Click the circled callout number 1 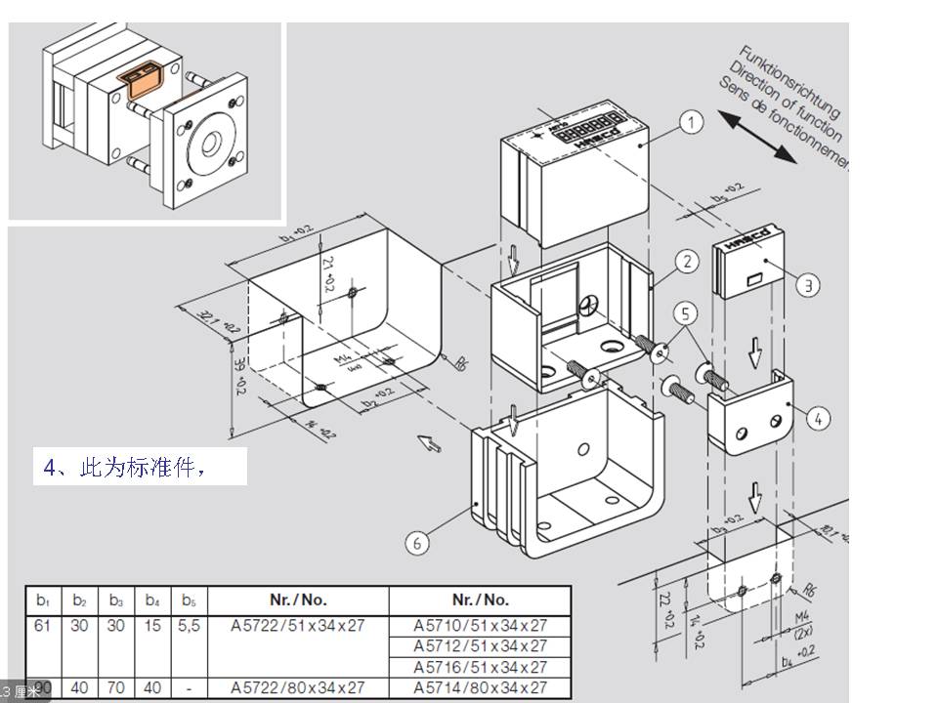click(691, 122)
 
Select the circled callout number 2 click(687, 261)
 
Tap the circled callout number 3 click(807, 285)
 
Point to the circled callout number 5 click(687, 313)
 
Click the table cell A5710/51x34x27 click(480, 625)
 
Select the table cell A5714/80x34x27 click(480, 688)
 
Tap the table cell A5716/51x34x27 click(480, 667)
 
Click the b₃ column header click(116, 600)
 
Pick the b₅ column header click(189, 600)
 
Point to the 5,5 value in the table click(189, 625)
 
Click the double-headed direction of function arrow click(757, 137)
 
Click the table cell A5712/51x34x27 click(480, 645)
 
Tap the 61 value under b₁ click(42, 625)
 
